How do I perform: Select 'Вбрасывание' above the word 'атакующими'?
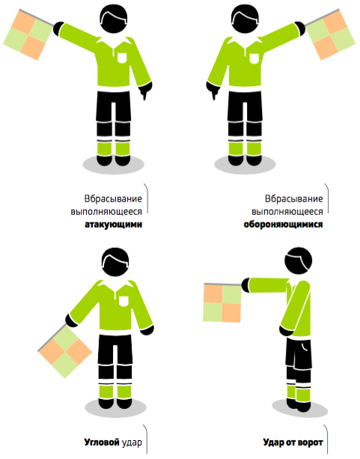pos(114,198)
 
